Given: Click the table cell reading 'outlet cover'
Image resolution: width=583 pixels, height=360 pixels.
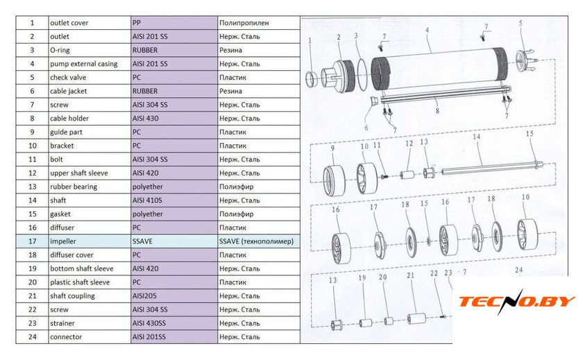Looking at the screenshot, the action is (90, 23).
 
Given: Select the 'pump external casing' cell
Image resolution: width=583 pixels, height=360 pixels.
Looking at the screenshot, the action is (90, 64).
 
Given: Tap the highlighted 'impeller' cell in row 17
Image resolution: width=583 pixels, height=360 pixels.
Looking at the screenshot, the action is (90, 241).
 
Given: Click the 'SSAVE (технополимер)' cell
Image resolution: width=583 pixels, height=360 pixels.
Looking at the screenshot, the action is (259, 241).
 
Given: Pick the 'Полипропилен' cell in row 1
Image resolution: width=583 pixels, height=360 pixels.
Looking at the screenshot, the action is (259, 23).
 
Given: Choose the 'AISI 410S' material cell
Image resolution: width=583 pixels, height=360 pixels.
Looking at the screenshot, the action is (174, 200).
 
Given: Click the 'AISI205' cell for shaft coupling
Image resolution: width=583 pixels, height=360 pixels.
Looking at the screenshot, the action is (174, 295).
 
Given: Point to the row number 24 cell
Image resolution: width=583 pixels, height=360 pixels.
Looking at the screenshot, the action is (33, 336).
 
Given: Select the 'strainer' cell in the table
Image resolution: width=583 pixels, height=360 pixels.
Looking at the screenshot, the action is (90, 323).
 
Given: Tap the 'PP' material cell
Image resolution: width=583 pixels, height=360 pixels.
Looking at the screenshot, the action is (174, 23).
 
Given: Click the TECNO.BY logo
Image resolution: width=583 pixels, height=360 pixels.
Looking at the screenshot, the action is (517, 301).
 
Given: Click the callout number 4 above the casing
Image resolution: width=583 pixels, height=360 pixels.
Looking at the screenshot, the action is (428, 30).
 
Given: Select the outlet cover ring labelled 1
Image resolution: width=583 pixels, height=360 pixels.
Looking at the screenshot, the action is (311, 80).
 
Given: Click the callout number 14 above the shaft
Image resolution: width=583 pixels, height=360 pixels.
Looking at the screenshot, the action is (476, 137).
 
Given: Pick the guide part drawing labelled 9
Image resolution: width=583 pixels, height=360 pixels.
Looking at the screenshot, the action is (334, 181).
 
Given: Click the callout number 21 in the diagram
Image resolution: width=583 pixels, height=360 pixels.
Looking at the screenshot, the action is (410, 275).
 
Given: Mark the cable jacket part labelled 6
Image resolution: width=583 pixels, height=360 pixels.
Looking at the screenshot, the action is (374, 101).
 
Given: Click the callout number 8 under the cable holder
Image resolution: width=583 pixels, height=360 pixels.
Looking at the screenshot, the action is (437, 111).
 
